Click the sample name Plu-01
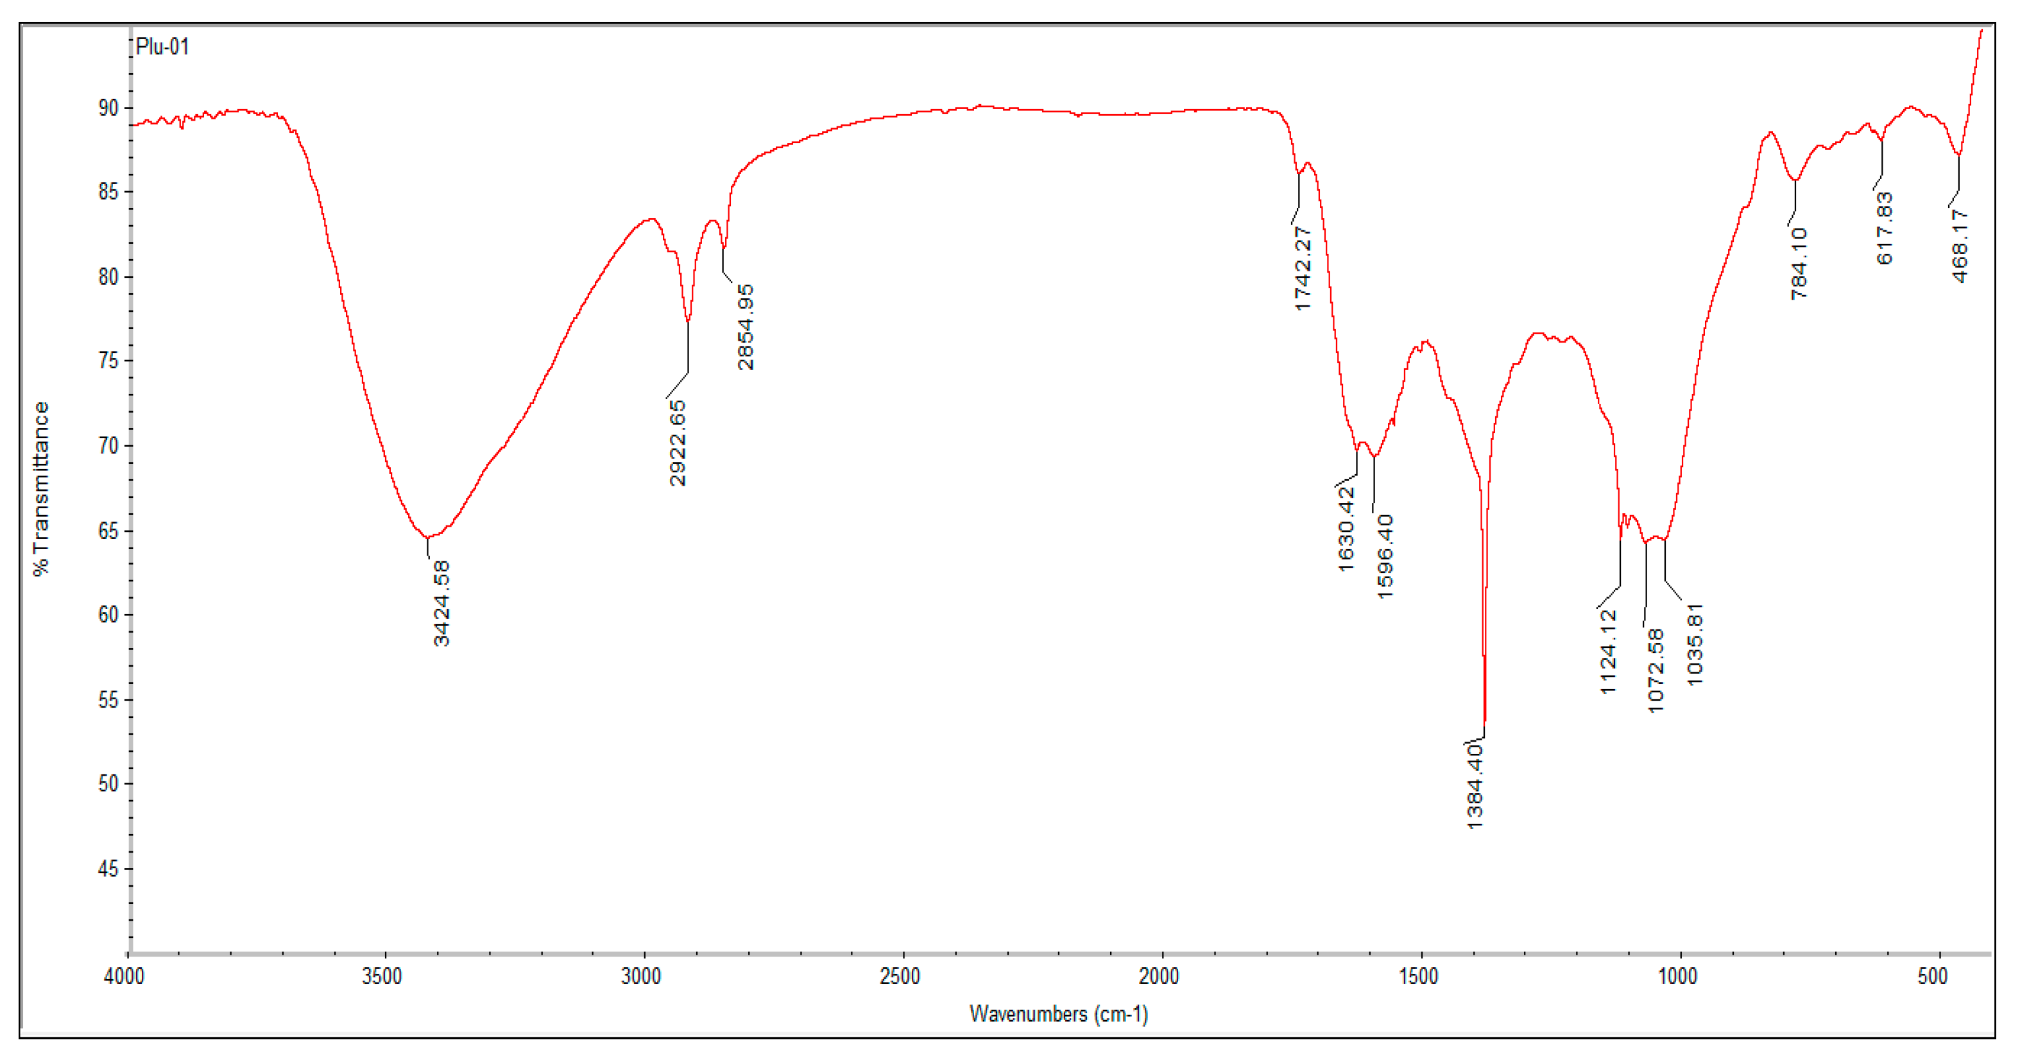pyautogui.click(x=162, y=47)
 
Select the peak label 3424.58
pyautogui.click(x=441, y=603)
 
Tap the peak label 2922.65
pyautogui.click(x=678, y=443)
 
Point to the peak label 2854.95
pyautogui.click(x=746, y=327)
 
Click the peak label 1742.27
pyautogui.click(x=1303, y=269)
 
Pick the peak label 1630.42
pyautogui.click(x=1346, y=529)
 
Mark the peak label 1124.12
pyautogui.click(x=1608, y=651)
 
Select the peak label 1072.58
pyautogui.click(x=1656, y=670)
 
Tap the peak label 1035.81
pyautogui.click(x=1695, y=644)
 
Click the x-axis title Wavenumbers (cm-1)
pyautogui.click(x=1059, y=1014)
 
